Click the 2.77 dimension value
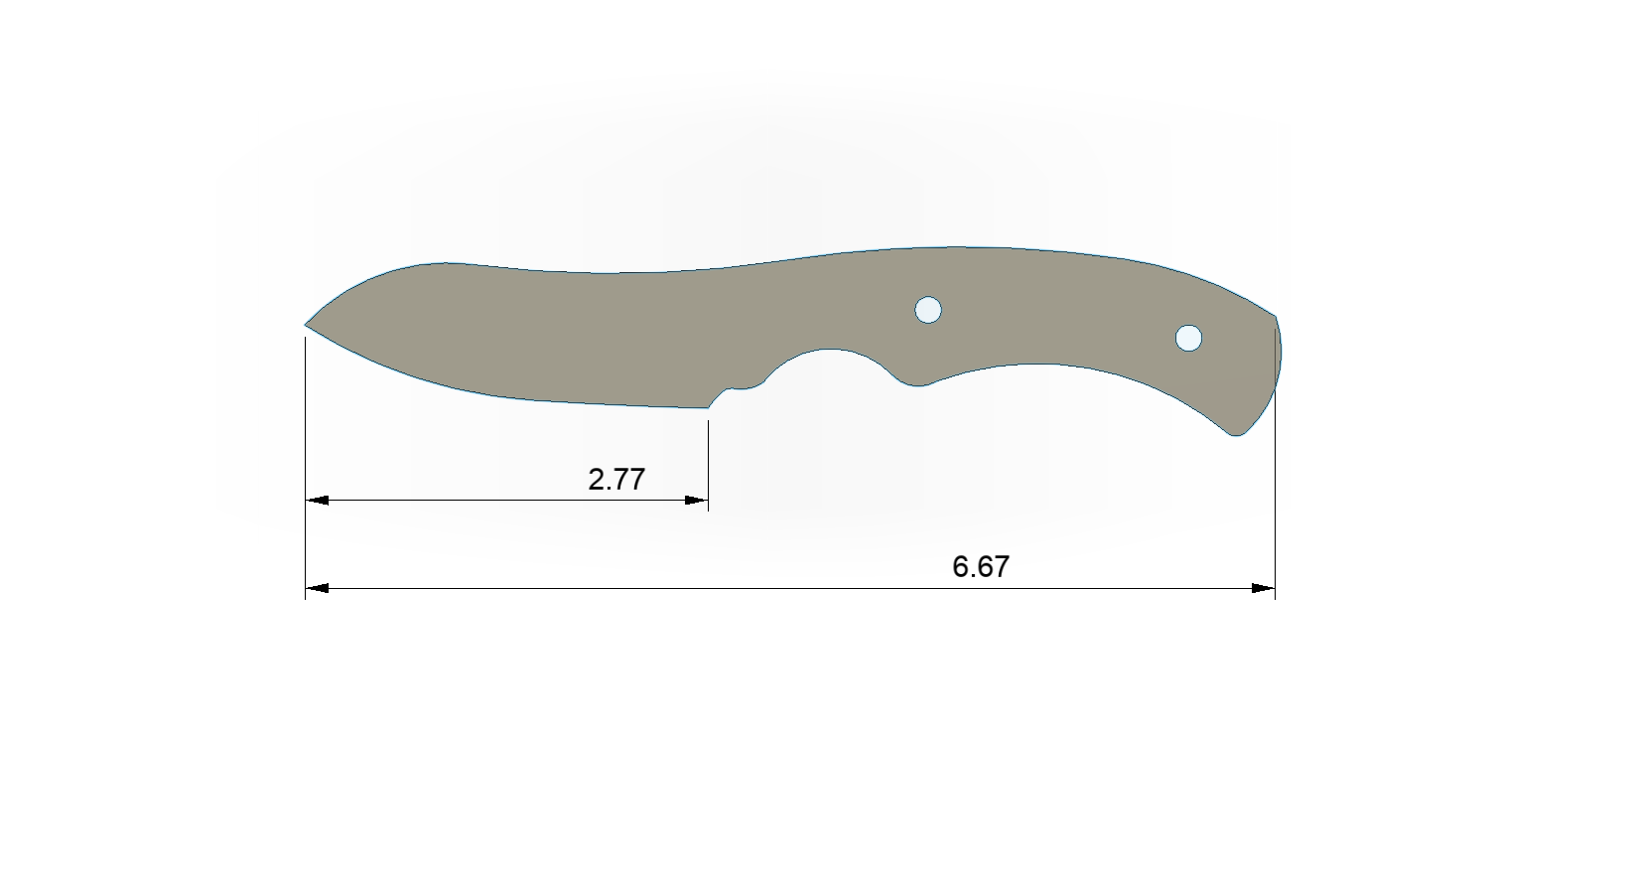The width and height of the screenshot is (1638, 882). tap(616, 480)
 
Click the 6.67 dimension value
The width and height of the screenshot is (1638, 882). tap(981, 567)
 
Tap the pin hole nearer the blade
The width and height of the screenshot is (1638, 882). tap(928, 309)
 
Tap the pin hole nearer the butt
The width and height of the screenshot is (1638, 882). tap(1188, 338)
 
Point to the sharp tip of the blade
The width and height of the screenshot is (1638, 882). tap(306, 324)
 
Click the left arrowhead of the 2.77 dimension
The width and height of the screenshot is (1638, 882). tap(317, 501)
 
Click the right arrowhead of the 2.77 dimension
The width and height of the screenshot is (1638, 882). tap(696, 501)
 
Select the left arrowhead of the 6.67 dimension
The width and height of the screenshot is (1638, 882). tap(317, 588)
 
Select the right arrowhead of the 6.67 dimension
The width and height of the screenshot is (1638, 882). tap(1264, 588)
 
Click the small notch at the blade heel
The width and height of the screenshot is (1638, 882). tap(735, 392)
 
